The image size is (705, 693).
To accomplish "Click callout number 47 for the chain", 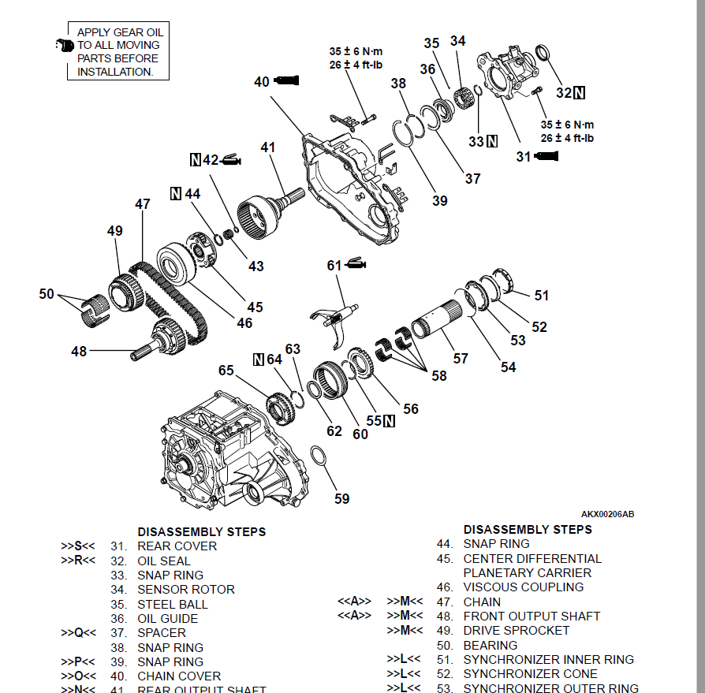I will (x=142, y=204).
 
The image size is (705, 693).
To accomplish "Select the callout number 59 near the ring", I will (x=341, y=498).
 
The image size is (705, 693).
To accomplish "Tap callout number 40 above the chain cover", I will (x=262, y=81).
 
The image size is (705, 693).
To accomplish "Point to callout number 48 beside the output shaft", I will (x=79, y=352).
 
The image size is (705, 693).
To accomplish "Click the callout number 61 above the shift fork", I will (x=334, y=266).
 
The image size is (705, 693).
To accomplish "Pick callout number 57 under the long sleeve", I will (x=461, y=358).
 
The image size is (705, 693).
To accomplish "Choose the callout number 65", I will (x=226, y=370).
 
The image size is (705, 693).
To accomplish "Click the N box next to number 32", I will (x=580, y=93).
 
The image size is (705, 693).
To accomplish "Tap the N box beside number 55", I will (x=388, y=421).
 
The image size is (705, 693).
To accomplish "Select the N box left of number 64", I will (x=258, y=360).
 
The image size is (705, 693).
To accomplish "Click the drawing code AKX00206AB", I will (x=607, y=514).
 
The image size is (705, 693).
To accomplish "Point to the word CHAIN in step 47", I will (x=482, y=602).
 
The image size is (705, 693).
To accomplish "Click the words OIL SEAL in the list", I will (x=164, y=561).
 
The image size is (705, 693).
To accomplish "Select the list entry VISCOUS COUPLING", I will (x=524, y=587).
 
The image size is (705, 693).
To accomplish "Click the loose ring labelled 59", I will (x=319, y=458).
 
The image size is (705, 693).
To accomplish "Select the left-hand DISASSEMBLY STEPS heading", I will (x=201, y=531).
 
